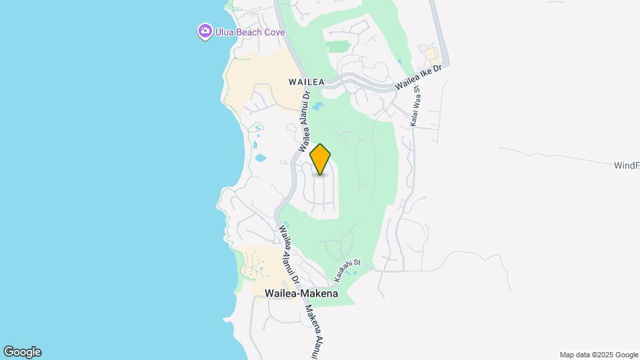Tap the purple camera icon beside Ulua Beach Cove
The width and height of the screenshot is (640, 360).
[x=205, y=31]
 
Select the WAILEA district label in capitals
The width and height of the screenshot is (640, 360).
[x=306, y=82]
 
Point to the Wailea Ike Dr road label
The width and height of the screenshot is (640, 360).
[x=419, y=79]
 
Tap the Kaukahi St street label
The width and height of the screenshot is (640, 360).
[x=346, y=269]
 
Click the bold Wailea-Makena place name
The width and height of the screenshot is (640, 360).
[x=301, y=293]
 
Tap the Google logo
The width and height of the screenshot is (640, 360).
[x=22, y=352]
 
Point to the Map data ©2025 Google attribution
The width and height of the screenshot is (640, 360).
[x=599, y=355]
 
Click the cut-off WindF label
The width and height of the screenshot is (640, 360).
[x=627, y=165]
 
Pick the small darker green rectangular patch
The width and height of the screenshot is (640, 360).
[x=339, y=47]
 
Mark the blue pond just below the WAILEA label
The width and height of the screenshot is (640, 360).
[x=317, y=105]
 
